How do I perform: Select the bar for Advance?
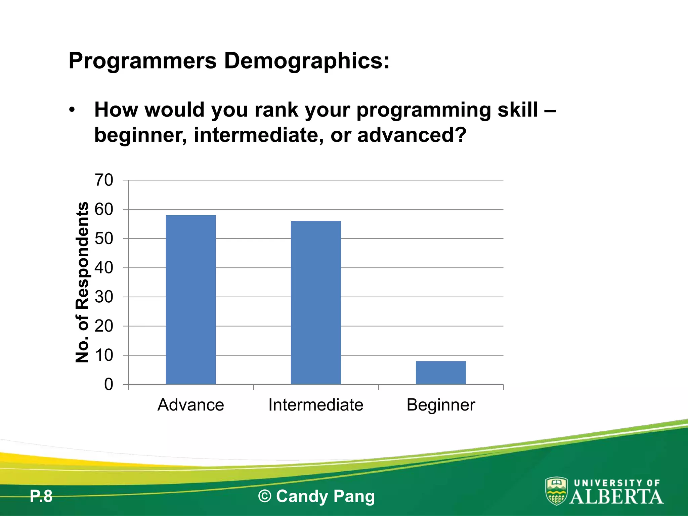point(191,300)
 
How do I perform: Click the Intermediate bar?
point(316,302)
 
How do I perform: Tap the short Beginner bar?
point(441,373)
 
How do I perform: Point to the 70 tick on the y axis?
point(104,180)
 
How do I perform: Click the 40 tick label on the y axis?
point(104,268)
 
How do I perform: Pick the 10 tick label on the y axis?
point(104,355)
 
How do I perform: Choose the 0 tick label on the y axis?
point(109,385)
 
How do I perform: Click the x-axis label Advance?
point(191,405)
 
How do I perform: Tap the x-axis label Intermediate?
point(316,405)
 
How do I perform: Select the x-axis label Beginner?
point(441,405)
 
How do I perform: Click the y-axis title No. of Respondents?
point(82,282)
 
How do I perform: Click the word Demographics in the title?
point(306,61)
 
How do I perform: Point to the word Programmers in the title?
point(143,61)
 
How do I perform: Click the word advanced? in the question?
point(412,135)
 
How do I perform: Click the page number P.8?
point(41,497)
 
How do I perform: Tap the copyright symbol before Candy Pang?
point(265,497)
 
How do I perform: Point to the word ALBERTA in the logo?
point(616,497)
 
